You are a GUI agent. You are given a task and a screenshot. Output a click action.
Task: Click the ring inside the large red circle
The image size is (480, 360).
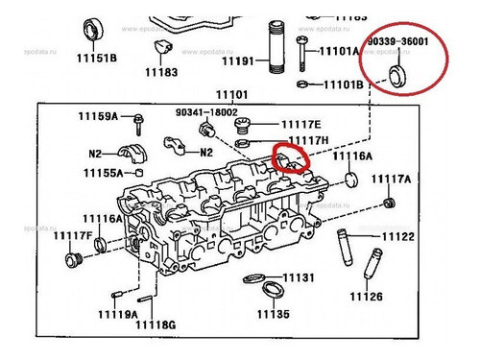click(402, 77)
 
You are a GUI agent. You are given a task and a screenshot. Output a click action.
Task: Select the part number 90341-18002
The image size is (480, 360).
click(205, 111)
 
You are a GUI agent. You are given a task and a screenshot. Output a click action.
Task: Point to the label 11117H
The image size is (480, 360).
click(308, 141)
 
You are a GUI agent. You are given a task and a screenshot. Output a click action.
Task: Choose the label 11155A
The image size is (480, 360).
click(103, 174)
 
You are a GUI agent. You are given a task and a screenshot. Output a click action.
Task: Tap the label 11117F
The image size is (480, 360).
click(73, 235)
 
